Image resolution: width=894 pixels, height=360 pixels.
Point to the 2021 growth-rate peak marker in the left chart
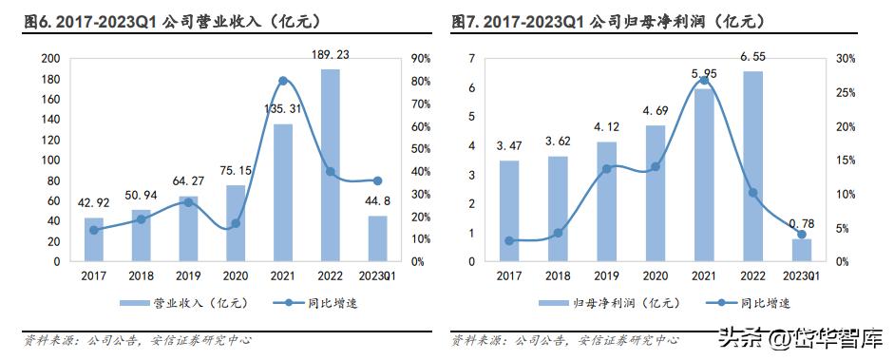tap(282, 81)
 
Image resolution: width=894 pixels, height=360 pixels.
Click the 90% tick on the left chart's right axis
tap(419, 58)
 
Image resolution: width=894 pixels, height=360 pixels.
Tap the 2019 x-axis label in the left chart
tap(188, 275)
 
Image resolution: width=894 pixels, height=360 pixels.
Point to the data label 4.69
tap(656, 109)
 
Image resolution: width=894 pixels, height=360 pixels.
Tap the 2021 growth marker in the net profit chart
tap(704, 80)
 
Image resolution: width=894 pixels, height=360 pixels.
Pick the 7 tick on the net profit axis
tap(472, 58)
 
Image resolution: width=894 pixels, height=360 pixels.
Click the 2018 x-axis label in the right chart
tap(559, 275)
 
